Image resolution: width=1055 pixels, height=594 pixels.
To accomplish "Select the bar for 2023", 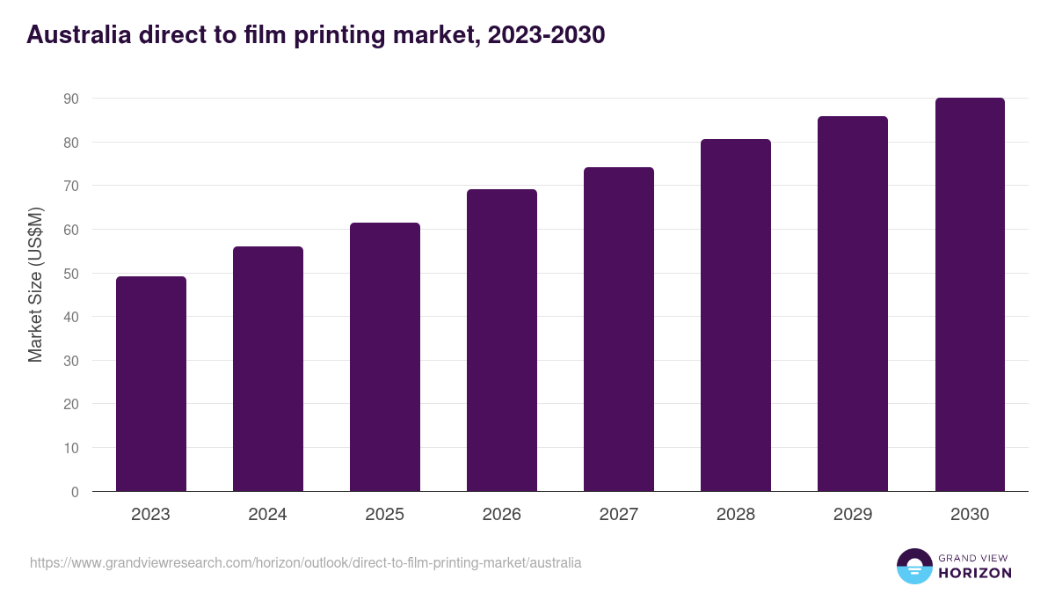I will (150, 384).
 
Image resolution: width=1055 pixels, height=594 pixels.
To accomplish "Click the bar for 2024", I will (267, 369).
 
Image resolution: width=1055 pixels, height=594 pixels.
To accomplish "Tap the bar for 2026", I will (501, 340).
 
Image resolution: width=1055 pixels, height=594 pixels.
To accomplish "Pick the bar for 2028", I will (735, 315).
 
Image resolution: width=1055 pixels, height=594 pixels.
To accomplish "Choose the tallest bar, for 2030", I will (969, 294).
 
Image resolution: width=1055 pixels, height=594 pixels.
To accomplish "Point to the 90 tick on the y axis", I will (70, 99).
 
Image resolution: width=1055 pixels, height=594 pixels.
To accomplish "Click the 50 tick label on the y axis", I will (70, 274).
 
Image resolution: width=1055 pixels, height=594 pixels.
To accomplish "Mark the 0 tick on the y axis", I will (74, 492).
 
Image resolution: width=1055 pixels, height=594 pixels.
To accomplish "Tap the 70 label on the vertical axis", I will (70, 186).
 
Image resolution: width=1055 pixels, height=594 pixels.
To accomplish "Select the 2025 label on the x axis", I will (384, 515).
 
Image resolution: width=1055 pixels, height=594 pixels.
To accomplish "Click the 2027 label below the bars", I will (618, 515).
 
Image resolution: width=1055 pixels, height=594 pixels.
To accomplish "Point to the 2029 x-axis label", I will (852, 515).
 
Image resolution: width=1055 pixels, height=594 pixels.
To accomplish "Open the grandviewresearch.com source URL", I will (305, 562).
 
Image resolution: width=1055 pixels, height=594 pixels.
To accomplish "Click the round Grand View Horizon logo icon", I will (913, 566).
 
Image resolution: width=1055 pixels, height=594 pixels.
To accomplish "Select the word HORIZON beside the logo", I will (975, 573).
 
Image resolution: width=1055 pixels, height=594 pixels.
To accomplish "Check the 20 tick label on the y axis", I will (70, 405).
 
